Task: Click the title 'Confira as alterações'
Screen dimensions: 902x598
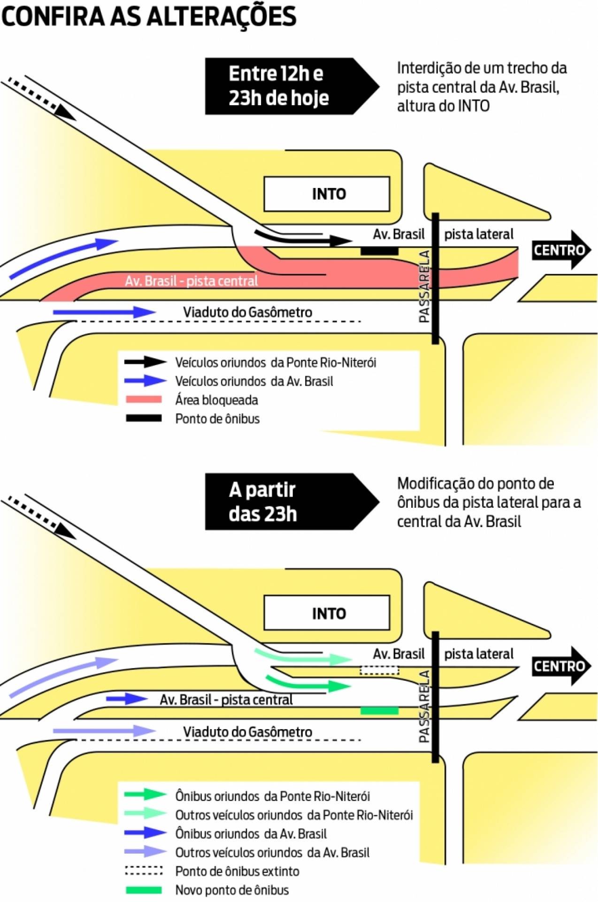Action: point(149,17)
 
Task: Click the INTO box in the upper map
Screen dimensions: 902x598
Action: point(327,194)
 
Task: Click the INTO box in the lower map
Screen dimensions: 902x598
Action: point(327,613)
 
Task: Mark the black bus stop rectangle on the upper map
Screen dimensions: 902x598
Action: point(379,251)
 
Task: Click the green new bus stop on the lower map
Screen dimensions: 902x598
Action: point(379,710)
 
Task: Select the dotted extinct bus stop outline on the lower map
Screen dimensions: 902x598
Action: point(379,670)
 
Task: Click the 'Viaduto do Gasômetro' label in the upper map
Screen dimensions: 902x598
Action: point(247,312)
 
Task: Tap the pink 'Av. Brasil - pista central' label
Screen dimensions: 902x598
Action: point(191,281)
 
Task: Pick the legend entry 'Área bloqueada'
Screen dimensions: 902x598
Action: point(216,400)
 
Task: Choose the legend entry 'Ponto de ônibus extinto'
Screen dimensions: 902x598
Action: point(237,871)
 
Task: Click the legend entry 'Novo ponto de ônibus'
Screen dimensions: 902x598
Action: point(232,890)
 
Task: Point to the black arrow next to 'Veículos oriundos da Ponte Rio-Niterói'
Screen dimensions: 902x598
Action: point(145,362)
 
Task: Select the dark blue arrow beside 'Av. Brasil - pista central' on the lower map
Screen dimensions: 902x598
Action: point(127,699)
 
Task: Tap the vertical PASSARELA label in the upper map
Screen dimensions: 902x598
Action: point(424,286)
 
